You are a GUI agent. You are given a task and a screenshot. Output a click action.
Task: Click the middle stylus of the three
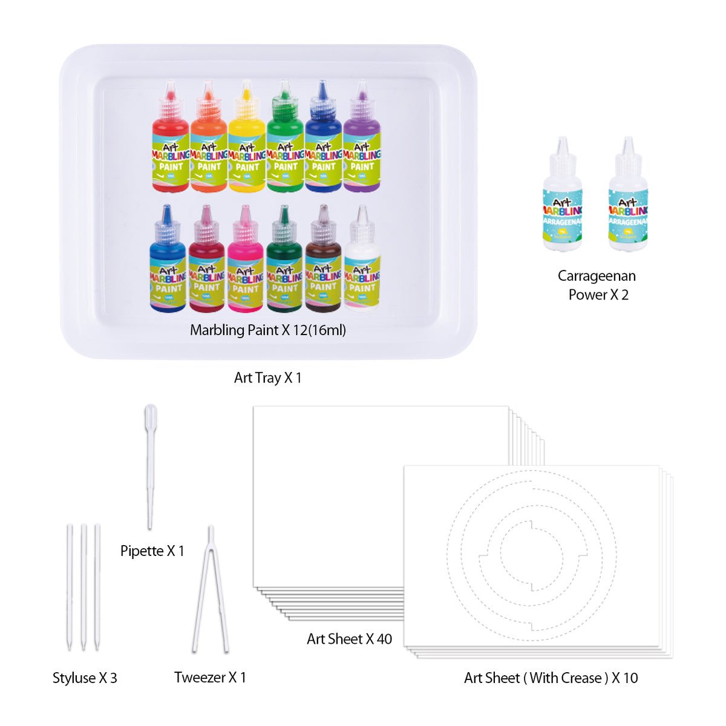coord(83,587)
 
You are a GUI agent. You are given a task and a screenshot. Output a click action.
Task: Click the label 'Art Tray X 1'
coord(267,378)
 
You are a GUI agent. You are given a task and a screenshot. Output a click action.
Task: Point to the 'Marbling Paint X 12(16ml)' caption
coord(268,330)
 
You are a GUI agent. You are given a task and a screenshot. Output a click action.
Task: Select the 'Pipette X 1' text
coord(152,551)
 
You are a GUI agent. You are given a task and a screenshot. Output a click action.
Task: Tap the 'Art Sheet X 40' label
coord(349,639)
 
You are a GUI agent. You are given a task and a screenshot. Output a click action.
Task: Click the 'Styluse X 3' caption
coord(85,678)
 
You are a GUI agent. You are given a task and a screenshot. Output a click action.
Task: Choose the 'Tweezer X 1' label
coord(210,677)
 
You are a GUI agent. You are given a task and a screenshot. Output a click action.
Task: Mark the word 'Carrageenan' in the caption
coord(597,276)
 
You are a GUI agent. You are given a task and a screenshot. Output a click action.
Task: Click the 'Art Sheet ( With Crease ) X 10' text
coord(551,678)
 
